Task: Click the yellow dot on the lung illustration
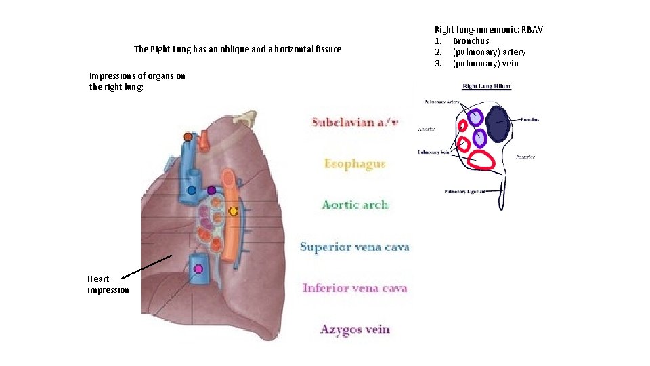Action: [x=233, y=211]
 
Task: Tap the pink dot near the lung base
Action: [x=198, y=269]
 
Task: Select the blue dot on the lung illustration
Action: [x=192, y=190]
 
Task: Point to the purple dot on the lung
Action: [x=211, y=190]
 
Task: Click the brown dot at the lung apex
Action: [x=188, y=137]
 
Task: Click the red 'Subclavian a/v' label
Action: [x=355, y=122]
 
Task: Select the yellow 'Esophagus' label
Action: [x=355, y=163]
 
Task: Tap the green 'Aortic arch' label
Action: [x=355, y=205]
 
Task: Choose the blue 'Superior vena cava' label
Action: [x=355, y=247]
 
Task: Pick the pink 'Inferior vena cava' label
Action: [x=355, y=288]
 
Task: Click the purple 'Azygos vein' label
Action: [x=355, y=329]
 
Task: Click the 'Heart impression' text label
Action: [x=108, y=284]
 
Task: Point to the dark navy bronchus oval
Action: [x=498, y=124]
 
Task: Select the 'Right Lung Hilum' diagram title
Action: [x=486, y=87]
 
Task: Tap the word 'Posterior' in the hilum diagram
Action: [x=525, y=157]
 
